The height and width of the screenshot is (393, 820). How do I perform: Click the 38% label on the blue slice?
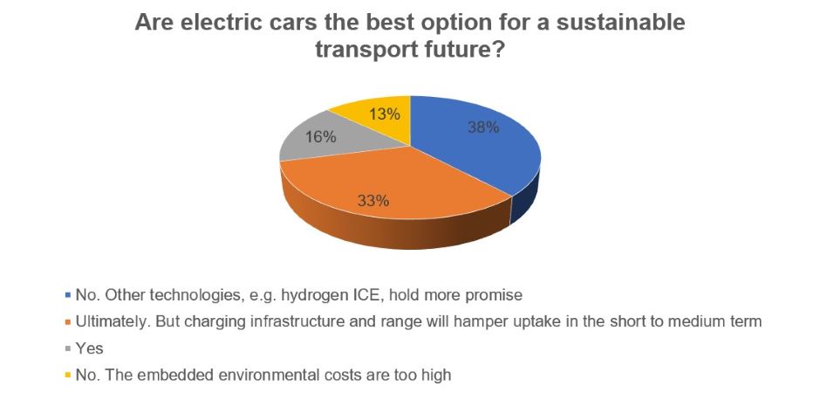tap(484, 128)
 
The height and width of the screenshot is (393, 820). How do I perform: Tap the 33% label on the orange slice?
tap(372, 200)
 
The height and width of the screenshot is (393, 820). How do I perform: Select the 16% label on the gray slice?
tap(320, 137)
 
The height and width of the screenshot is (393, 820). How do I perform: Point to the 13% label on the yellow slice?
tap(385, 114)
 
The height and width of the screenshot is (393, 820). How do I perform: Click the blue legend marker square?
tap(68, 295)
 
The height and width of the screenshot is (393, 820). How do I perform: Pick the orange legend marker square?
tap(68, 321)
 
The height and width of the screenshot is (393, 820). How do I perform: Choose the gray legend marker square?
tap(68, 348)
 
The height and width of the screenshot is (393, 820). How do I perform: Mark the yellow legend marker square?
tap(68, 375)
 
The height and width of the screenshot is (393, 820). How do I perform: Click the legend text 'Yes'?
tap(90, 348)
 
